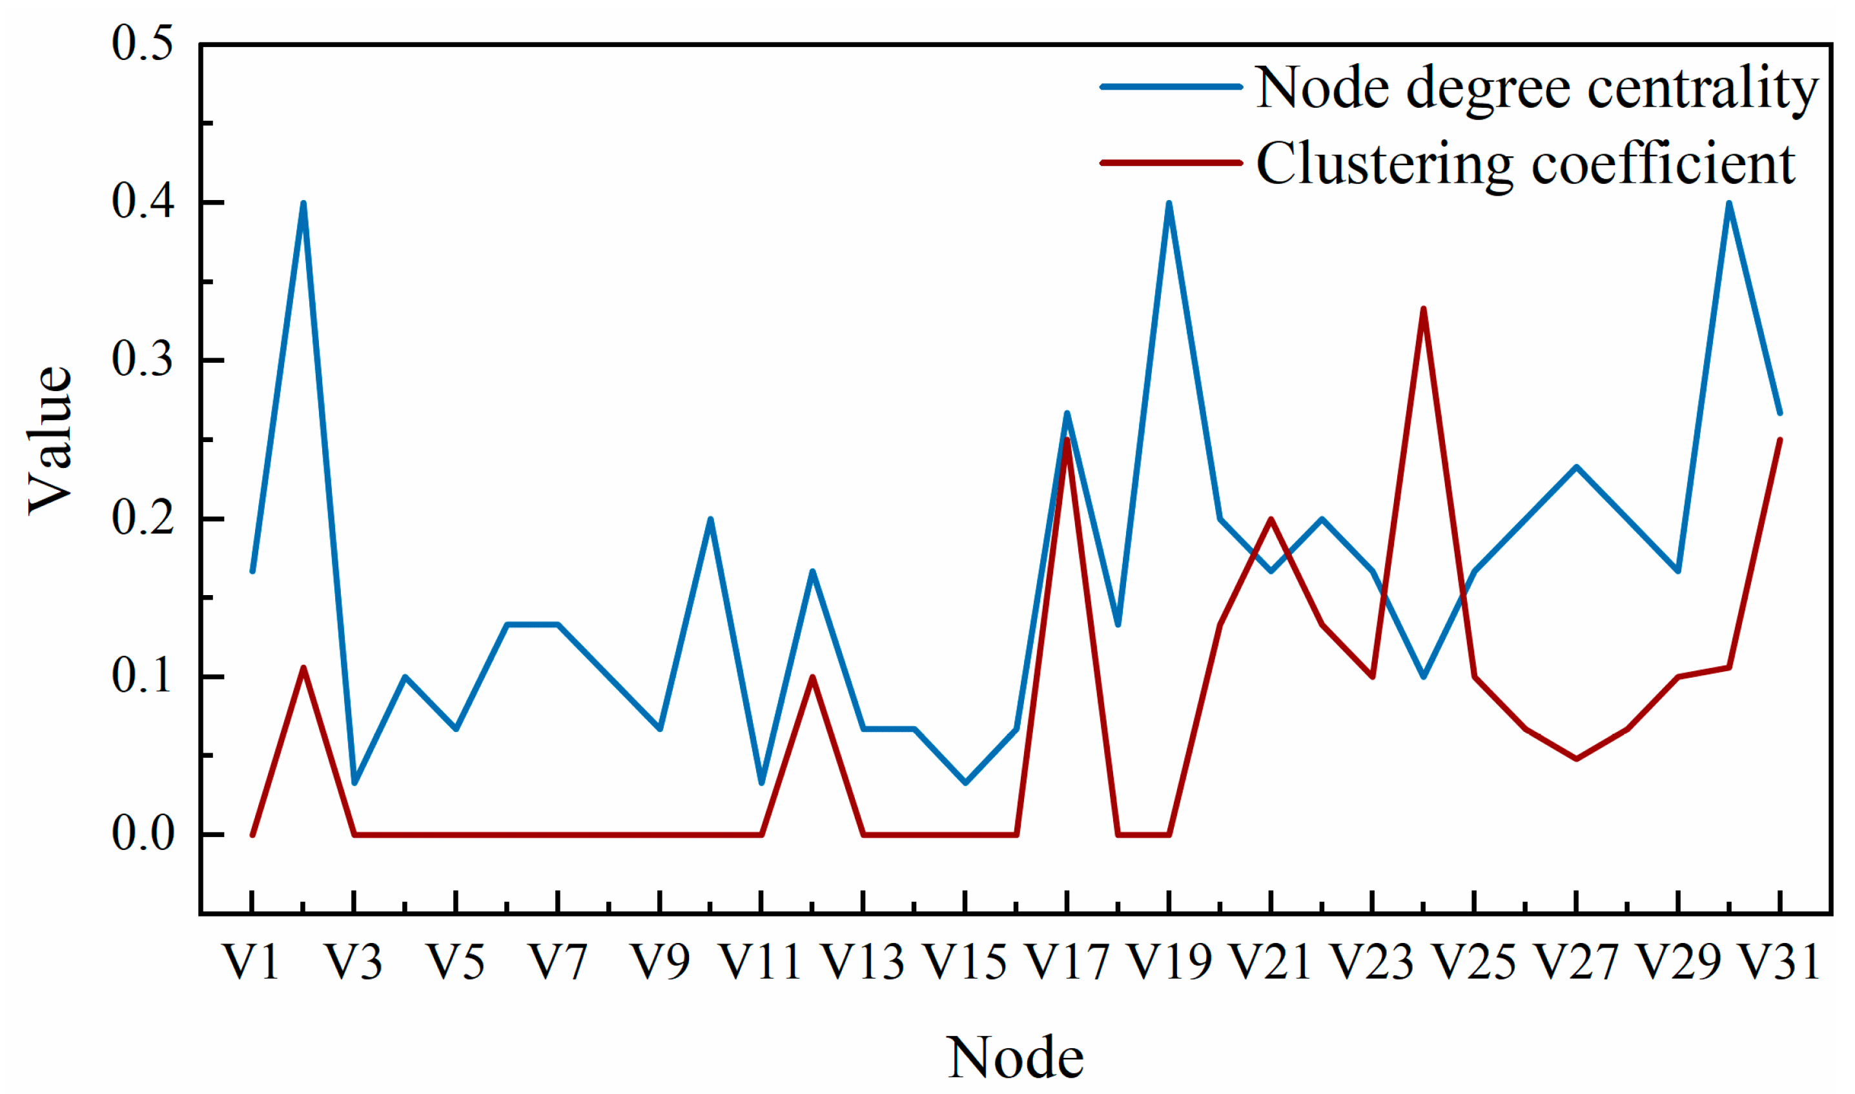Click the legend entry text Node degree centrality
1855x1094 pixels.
(x=1536, y=88)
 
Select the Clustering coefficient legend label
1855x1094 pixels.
(x=1524, y=164)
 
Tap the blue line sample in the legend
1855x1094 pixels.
(x=1170, y=87)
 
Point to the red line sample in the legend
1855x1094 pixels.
(x=1170, y=162)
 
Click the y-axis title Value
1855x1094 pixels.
(x=50, y=440)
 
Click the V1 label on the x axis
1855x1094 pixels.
(x=251, y=962)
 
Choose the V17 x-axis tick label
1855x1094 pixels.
(x=1067, y=962)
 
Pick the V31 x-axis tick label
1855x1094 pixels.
(x=1779, y=962)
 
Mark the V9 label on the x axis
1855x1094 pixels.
(x=659, y=962)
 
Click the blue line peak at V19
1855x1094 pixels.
(x=1169, y=203)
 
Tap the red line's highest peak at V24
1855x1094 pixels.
(x=1423, y=309)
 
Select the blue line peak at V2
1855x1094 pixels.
(x=303, y=203)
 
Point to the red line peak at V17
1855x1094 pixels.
(x=1067, y=440)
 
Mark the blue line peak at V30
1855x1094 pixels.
(x=1729, y=203)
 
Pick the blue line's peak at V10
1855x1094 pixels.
(x=710, y=519)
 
